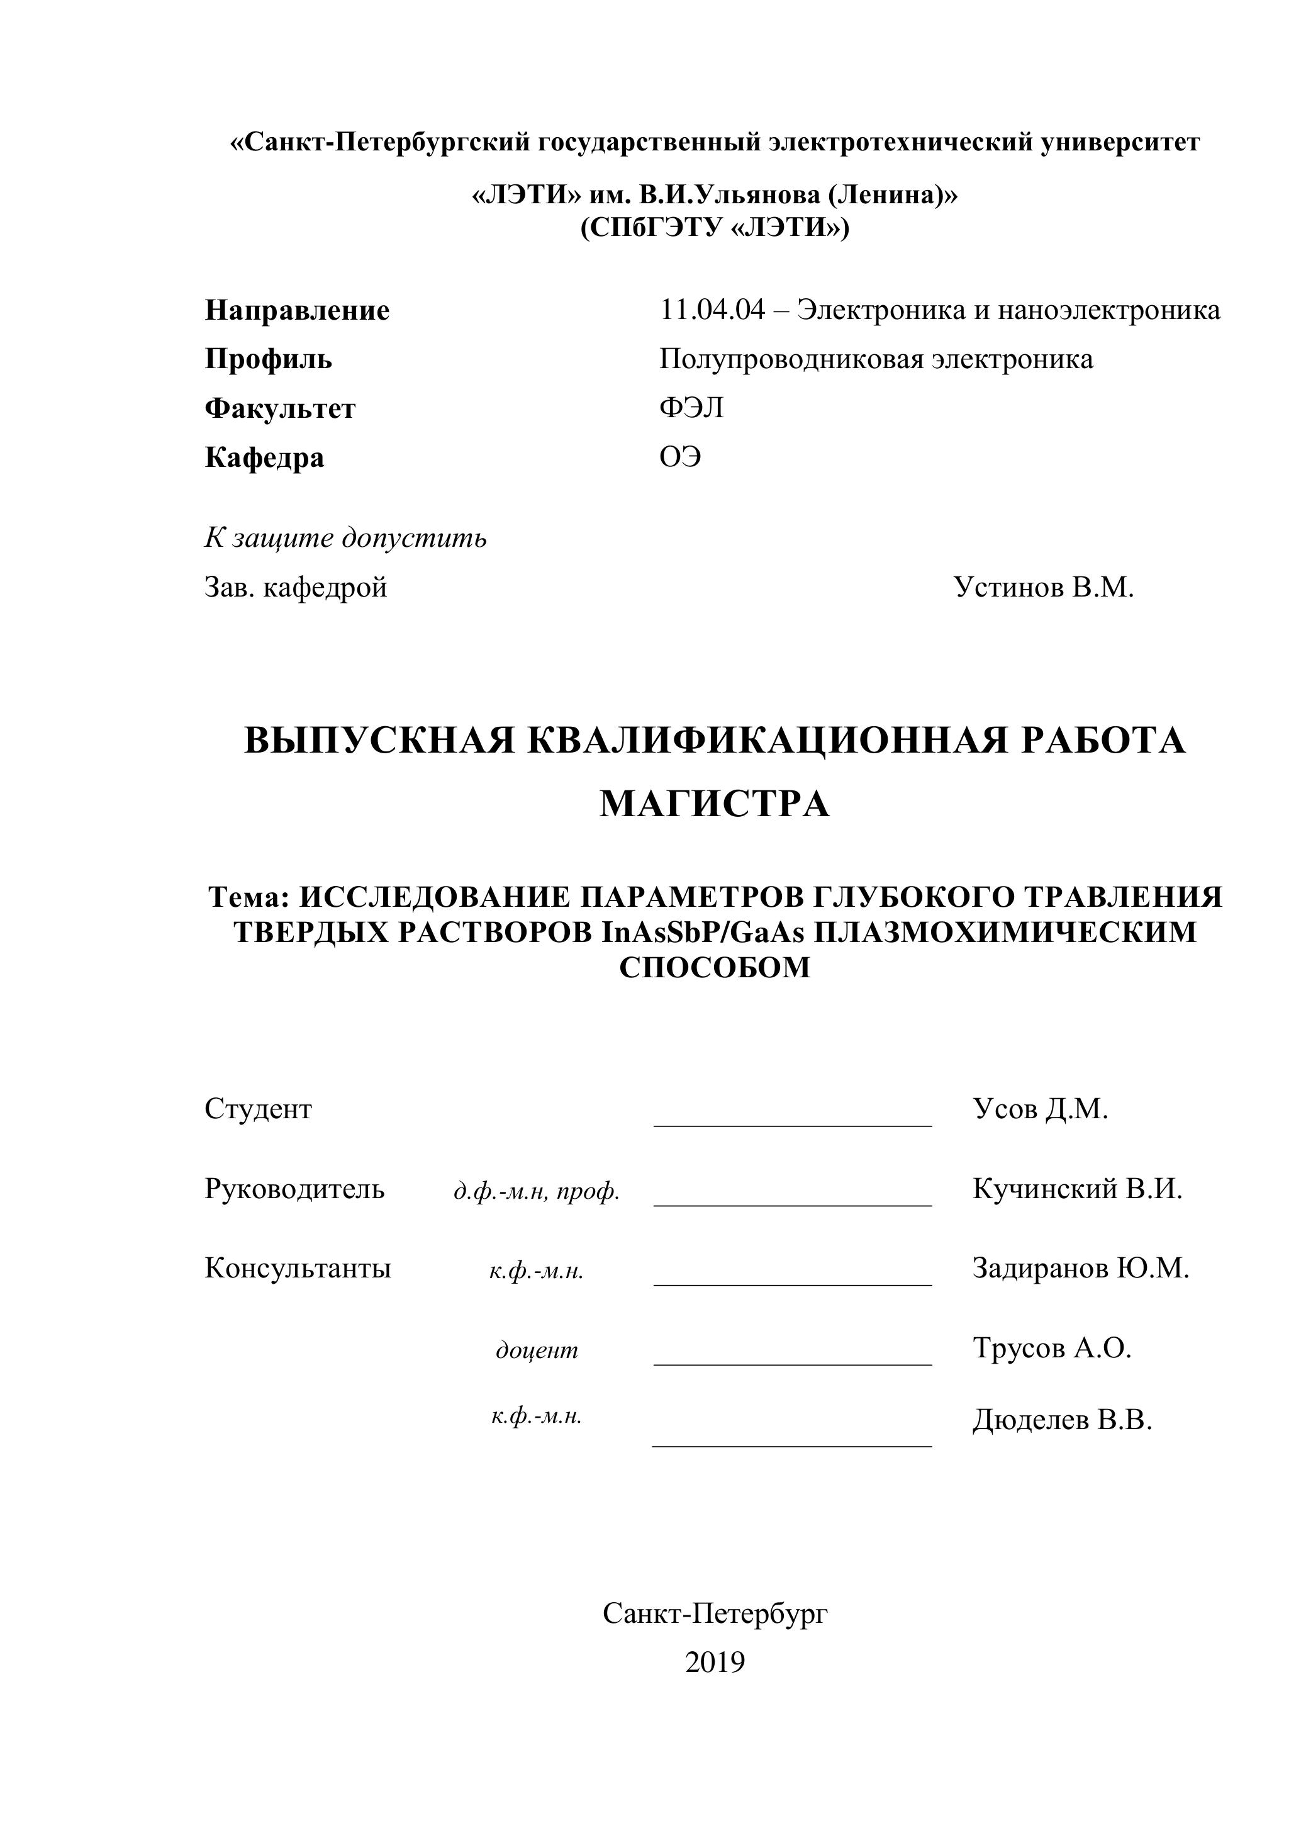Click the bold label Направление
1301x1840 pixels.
click(297, 310)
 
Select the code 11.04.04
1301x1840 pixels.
click(712, 310)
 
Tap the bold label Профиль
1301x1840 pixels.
click(269, 359)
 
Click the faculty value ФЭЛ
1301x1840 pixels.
click(691, 408)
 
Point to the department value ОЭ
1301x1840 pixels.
click(679, 457)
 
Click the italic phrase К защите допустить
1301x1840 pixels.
click(345, 538)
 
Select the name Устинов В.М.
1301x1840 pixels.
click(1043, 587)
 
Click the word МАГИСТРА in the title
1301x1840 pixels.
click(715, 803)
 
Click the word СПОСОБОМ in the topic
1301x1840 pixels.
click(715, 967)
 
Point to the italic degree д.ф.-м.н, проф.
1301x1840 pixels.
click(536, 1192)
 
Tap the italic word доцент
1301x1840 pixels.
click(537, 1350)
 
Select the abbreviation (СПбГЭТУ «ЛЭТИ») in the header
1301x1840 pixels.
click(715, 228)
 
